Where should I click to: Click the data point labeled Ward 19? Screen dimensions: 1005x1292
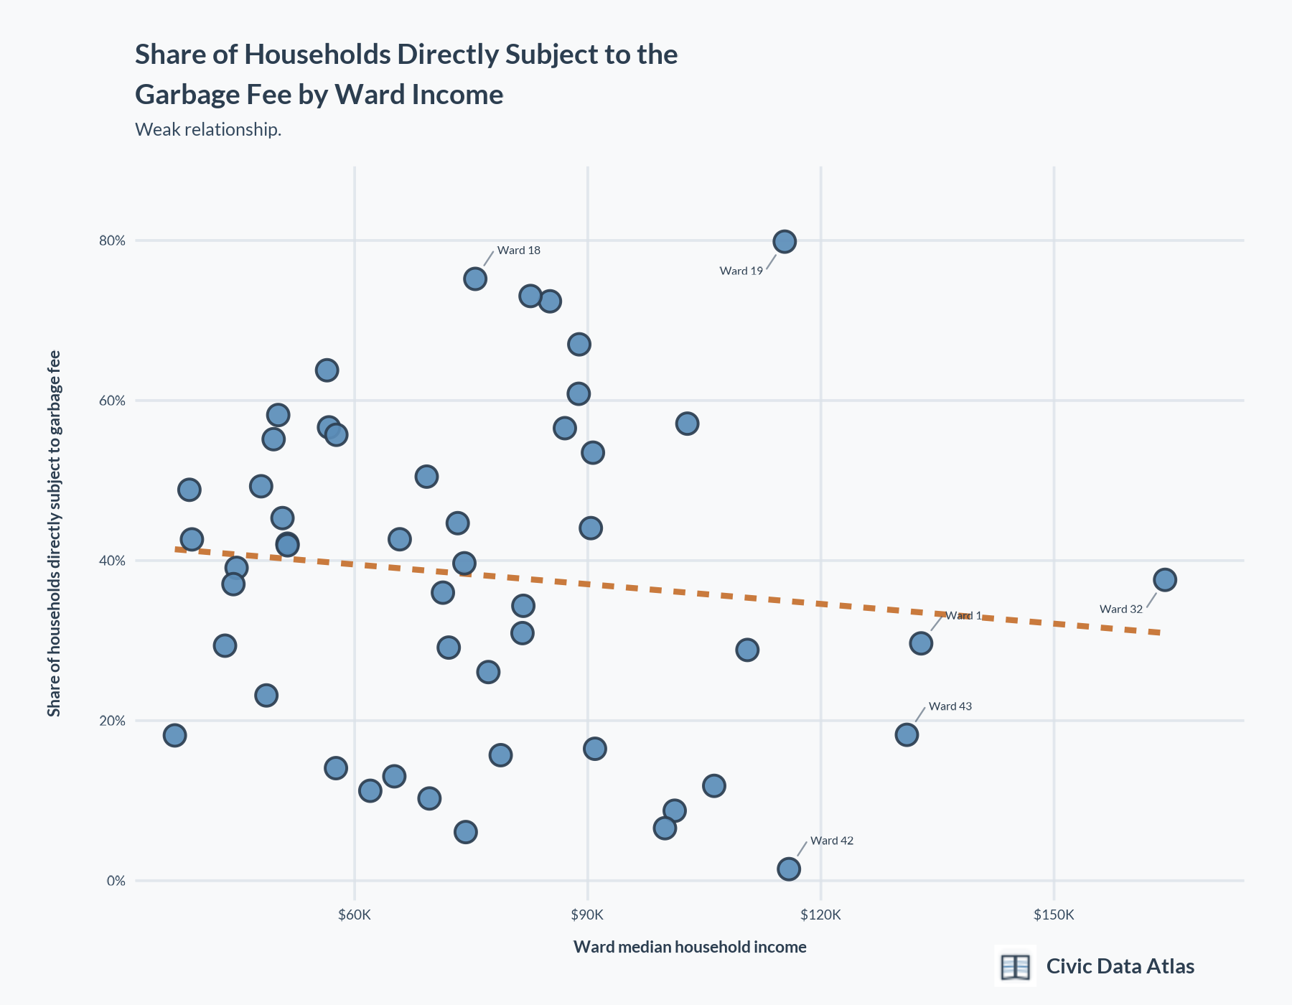(x=785, y=242)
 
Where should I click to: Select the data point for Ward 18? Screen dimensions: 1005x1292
(x=475, y=279)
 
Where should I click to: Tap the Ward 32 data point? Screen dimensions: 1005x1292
(x=1165, y=579)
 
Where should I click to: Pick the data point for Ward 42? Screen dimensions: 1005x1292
(x=789, y=869)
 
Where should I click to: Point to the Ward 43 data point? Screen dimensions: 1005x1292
(x=907, y=734)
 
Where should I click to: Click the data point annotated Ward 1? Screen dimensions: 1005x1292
(x=921, y=643)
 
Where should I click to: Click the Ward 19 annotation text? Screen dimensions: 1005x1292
(x=741, y=271)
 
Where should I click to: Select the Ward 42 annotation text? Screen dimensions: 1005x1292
(x=832, y=841)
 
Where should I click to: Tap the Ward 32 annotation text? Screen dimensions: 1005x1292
(x=1120, y=609)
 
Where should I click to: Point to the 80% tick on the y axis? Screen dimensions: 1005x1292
(x=112, y=241)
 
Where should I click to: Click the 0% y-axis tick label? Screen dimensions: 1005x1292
(x=116, y=881)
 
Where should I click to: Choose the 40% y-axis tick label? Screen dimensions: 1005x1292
(x=112, y=561)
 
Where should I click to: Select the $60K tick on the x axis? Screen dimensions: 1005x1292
(x=355, y=915)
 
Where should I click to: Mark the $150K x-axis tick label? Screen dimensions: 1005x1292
(x=1054, y=915)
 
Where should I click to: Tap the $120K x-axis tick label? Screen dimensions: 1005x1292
(x=820, y=915)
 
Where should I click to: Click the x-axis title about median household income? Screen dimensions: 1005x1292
(x=690, y=948)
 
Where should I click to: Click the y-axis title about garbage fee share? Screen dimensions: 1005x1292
(x=54, y=533)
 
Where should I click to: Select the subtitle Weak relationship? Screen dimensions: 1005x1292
(x=208, y=130)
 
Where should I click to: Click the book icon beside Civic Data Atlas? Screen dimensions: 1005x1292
(x=1015, y=966)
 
